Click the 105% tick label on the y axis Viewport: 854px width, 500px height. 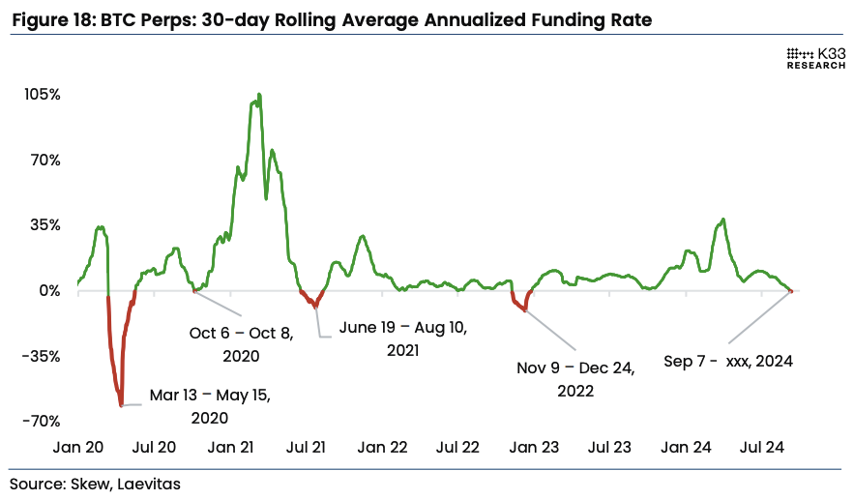pyautogui.click(x=44, y=95)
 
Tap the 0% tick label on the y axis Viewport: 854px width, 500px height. pyautogui.click(x=50, y=290)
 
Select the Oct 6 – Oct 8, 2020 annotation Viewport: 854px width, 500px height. pyautogui.click(x=241, y=344)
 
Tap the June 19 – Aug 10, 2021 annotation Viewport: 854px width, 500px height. pyautogui.click(x=402, y=338)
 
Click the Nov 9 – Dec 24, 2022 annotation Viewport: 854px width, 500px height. pyautogui.click(x=574, y=380)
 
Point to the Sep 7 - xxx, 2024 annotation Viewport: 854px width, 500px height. pyautogui.click(x=728, y=362)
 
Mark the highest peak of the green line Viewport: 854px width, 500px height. pyautogui.click(x=258, y=95)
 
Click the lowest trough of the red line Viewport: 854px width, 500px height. pyautogui.click(x=121, y=405)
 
